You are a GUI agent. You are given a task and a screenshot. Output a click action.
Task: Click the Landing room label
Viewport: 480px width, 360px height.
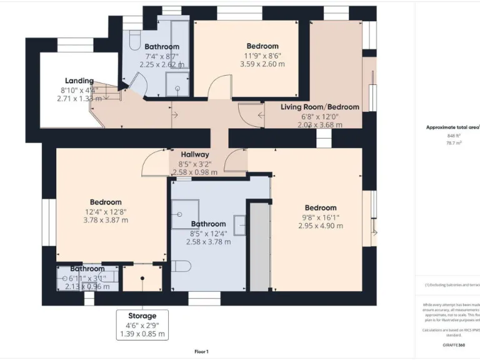coord(79,81)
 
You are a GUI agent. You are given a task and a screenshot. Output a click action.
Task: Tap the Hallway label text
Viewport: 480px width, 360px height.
coord(194,154)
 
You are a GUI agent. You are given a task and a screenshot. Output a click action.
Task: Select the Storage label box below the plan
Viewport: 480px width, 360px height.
coord(142,324)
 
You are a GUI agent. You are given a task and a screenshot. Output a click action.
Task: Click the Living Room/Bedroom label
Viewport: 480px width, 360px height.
coord(319,107)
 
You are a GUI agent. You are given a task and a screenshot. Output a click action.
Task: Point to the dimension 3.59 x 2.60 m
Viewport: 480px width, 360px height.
coord(262,64)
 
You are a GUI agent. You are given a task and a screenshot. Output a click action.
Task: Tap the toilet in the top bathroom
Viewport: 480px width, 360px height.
coord(133,41)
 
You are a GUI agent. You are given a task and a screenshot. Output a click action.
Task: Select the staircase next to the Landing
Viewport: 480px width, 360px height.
coord(110,92)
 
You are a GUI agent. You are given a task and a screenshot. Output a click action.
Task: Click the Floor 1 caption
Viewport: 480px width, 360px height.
coord(201,351)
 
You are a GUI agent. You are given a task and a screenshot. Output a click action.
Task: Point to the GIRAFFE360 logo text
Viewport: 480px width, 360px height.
coord(453,344)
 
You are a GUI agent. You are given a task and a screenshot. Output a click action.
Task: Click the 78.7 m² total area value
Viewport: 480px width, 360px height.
coord(454,142)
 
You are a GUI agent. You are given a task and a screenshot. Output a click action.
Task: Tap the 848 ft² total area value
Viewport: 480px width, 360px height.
coord(453,135)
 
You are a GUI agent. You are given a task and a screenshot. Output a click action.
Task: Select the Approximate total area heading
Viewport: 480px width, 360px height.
coord(452,127)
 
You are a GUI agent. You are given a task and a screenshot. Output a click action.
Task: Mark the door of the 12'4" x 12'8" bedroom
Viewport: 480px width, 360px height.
coord(154,164)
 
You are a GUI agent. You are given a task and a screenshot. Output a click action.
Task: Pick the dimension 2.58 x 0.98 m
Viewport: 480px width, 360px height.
coord(194,172)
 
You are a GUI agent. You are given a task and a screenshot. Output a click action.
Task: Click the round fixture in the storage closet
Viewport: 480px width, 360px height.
coord(142,278)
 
